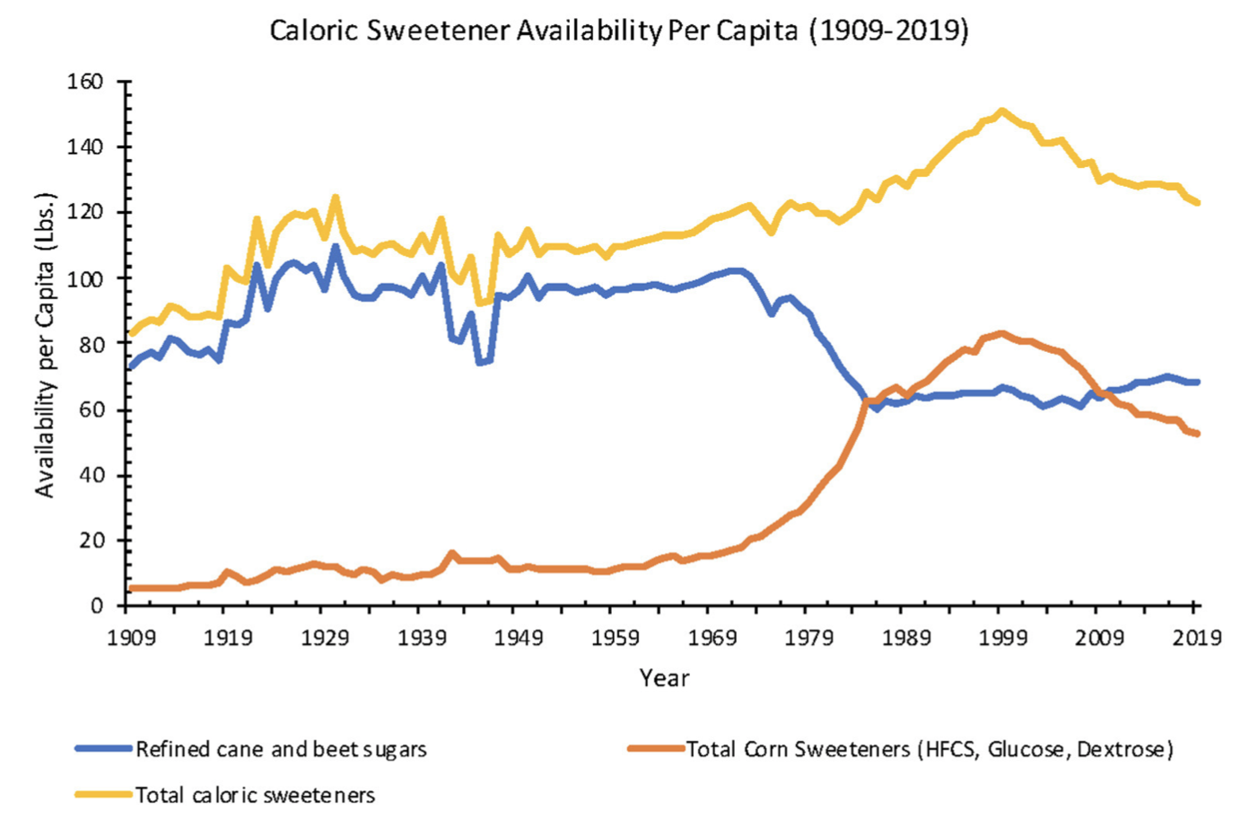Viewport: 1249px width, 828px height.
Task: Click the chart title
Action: click(619, 31)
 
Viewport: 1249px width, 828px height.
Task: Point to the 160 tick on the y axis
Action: click(85, 82)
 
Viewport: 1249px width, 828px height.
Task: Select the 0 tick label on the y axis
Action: click(97, 606)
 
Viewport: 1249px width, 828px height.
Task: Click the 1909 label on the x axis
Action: click(131, 638)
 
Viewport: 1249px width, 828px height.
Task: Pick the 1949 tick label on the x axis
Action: click(519, 638)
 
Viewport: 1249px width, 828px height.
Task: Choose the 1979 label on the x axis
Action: click(809, 638)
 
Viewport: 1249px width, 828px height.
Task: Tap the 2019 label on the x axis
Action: click(1197, 638)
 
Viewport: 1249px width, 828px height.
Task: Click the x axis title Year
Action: click(664, 678)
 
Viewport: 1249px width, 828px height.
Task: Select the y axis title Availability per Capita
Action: click(45, 345)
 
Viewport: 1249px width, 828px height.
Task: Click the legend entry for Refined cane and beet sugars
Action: click(281, 749)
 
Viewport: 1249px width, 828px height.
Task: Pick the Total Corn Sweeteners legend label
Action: click(930, 749)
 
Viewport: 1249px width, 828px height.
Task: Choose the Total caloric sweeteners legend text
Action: click(255, 795)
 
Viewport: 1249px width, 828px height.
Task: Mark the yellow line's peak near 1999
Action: click(1002, 110)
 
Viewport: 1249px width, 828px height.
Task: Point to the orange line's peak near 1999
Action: click(1002, 333)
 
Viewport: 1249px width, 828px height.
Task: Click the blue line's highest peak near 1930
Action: click(335, 246)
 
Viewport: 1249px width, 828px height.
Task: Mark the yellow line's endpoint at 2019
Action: click(1197, 203)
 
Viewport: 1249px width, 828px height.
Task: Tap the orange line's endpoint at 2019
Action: click(1197, 433)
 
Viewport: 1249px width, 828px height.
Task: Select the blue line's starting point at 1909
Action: click(131, 366)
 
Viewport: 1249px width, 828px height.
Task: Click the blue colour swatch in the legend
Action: click(103, 749)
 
